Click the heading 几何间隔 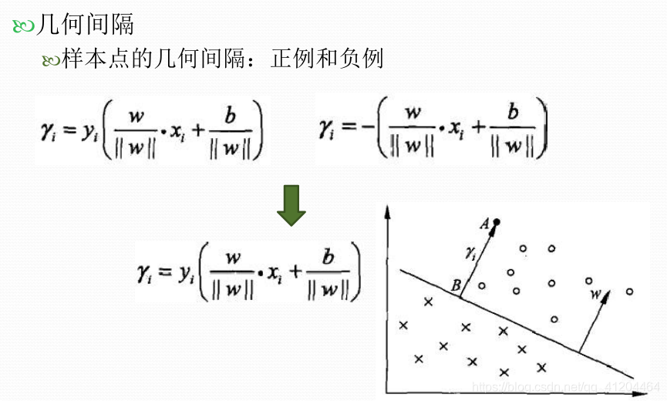click(85, 24)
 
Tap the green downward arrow click(291, 204)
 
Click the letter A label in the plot click(485, 224)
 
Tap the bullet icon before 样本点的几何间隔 click(51, 59)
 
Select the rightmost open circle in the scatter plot click(630, 291)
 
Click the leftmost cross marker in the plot click(402, 325)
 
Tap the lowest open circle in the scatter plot click(554, 318)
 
